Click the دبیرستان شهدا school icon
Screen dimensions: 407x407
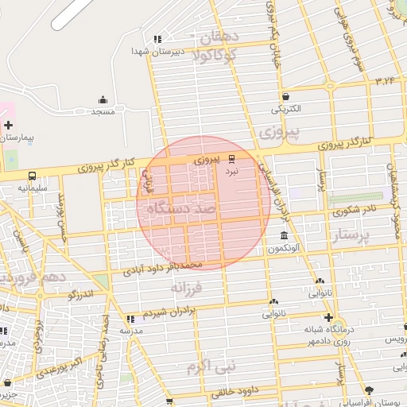pyautogui.click(x=157, y=38)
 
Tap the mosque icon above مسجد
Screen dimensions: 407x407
pyautogui.click(x=103, y=99)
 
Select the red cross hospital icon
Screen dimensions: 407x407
pyautogui.click(x=8, y=125)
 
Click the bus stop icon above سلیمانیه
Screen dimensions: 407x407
pyautogui.click(x=32, y=176)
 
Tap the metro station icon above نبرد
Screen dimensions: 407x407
pyautogui.click(x=231, y=158)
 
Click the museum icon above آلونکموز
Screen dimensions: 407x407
pyautogui.click(x=284, y=235)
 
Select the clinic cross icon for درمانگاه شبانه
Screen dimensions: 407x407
pyautogui.click(x=328, y=316)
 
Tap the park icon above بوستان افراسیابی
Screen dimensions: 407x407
pyautogui.click(x=368, y=390)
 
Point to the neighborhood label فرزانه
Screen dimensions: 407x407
pyautogui.click(x=188, y=286)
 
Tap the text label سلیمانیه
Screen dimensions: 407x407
pyautogui.click(x=33, y=189)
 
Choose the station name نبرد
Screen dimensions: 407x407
pyautogui.click(x=231, y=171)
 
